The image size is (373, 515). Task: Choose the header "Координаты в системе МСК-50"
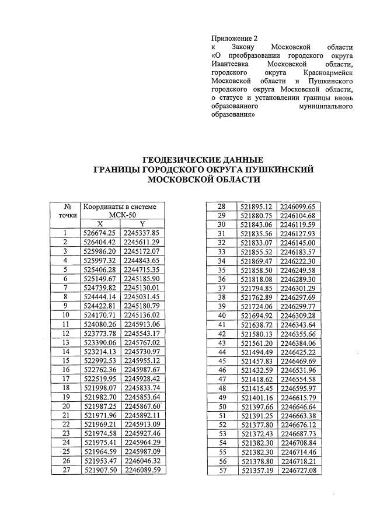121,211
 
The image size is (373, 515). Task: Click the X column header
100,224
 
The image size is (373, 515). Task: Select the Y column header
142,224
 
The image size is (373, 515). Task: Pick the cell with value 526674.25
100,233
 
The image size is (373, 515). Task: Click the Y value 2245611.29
142,241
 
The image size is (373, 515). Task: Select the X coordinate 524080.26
100,324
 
